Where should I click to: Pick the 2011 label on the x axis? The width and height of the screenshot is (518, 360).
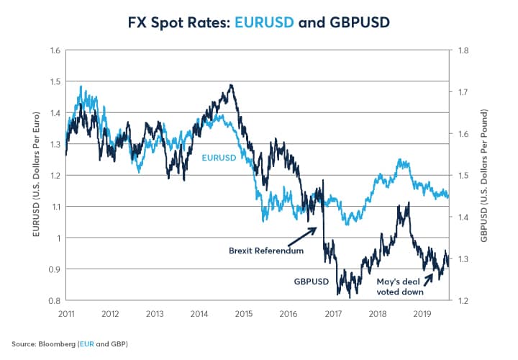pos(65,313)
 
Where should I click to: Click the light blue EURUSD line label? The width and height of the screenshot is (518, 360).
pos(219,156)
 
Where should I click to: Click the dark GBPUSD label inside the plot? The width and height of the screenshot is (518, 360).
pos(311,282)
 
